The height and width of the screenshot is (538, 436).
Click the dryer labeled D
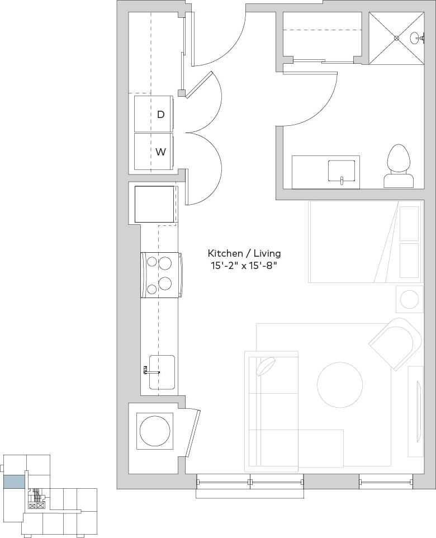(x=154, y=114)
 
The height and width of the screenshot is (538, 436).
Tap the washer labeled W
(x=154, y=152)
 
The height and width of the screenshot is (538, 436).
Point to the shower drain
(x=396, y=38)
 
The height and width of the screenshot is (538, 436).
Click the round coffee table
(x=340, y=385)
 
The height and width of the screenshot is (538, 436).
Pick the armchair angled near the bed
(x=396, y=343)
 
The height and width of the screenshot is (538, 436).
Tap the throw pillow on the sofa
(x=266, y=366)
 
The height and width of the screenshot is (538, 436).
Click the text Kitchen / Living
(x=244, y=253)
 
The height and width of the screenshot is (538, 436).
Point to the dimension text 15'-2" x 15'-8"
(x=244, y=266)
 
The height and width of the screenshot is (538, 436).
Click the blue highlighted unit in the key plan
(x=14, y=482)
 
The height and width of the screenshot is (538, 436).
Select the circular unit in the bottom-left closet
(x=155, y=431)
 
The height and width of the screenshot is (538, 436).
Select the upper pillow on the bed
(x=410, y=224)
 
